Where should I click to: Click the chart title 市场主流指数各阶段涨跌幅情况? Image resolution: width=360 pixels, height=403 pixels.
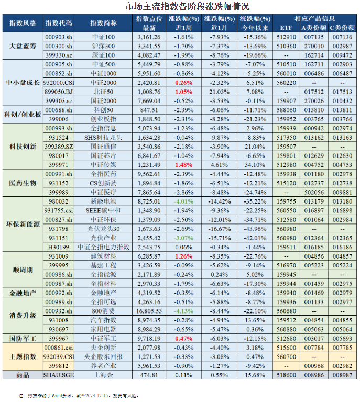(x=180, y=7)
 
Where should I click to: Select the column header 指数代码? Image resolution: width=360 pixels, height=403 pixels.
(x=59, y=24)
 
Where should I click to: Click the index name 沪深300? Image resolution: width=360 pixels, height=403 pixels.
(x=103, y=46)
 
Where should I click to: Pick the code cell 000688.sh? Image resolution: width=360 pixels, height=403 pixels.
(x=59, y=110)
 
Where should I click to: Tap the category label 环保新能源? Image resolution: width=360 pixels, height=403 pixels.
(x=23, y=224)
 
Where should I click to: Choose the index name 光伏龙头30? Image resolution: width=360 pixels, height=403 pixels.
(x=103, y=229)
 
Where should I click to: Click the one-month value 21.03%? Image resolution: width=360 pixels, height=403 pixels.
(x=219, y=92)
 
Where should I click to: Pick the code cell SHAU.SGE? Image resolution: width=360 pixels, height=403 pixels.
(x=59, y=375)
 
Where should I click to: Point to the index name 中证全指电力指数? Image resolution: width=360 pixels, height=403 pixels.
(x=103, y=247)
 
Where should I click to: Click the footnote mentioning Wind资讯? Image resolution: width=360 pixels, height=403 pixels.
(x=79, y=396)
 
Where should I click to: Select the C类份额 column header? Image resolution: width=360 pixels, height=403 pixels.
(x=342, y=27)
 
